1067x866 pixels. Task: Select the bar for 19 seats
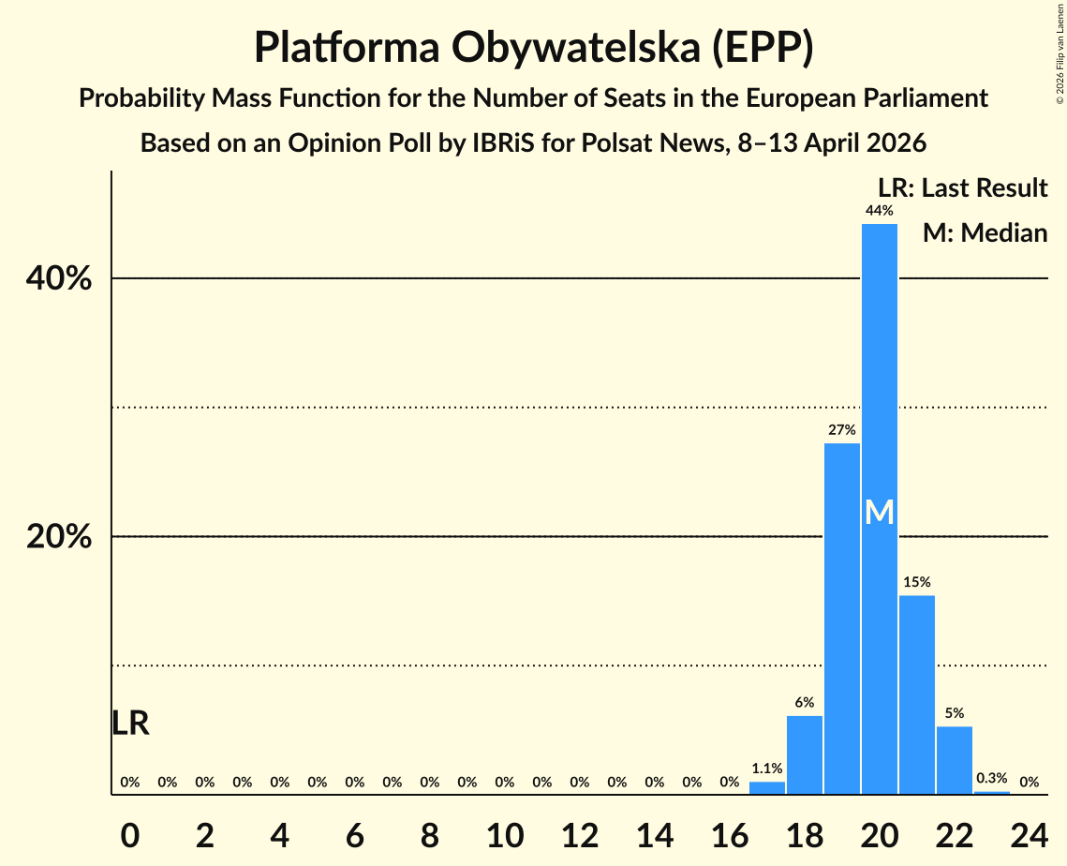coord(841,619)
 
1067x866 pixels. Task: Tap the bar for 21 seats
coord(916,694)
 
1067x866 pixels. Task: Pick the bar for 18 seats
coord(804,754)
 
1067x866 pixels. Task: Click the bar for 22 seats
coord(954,760)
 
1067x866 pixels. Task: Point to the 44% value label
coord(879,211)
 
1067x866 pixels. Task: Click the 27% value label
coord(841,430)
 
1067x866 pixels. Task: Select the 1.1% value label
coord(766,769)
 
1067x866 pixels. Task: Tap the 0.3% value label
coord(991,778)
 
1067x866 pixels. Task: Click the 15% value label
coord(916,582)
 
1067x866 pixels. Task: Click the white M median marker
coord(879,512)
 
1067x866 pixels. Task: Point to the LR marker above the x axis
coord(130,723)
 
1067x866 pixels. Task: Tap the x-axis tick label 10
coord(504,836)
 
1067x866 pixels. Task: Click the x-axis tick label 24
coord(1029,836)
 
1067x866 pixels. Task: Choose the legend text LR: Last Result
coord(962,187)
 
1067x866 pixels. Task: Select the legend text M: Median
coord(984,232)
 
